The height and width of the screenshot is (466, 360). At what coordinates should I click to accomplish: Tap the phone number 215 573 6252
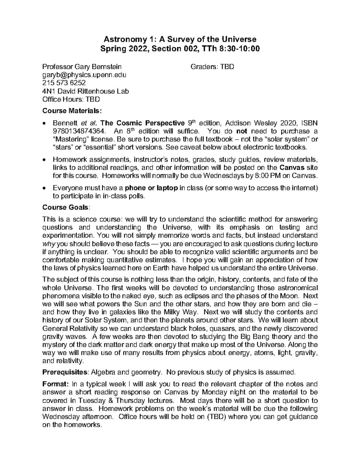point(64,83)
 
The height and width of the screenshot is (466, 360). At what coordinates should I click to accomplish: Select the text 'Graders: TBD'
point(212,67)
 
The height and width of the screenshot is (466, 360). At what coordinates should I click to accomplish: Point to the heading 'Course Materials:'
point(72,111)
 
